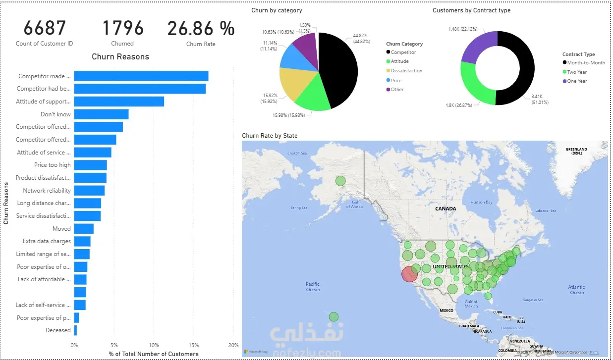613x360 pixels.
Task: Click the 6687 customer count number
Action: pyautogui.click(x=44, y=29)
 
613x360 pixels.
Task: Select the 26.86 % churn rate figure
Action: pyautogui.click(x=201, y=29)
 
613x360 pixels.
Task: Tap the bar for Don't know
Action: pyautogui.click(x=101, y=114)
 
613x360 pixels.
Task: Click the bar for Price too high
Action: pyautogui.click(x=90, y=165)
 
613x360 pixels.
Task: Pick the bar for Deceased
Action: pyautogui.click(x=75, y=330)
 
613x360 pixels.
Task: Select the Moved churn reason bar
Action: pyautogui.click(x=84, y=229)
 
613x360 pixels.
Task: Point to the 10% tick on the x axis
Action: pyautogui.click(x=154, y=345)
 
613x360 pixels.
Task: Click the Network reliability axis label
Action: pyautogui.click(x=47, y=191)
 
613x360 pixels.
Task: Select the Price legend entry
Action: pyautogui.click(x=396, y=80)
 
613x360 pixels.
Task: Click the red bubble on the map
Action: pyautogui.click(x=409, y=273)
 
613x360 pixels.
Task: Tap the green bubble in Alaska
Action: pyautogui.click(x=340, y=181)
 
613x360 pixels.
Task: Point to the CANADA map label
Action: pyautogui.click(x=446, y=209)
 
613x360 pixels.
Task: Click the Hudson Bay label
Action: pyautogui.click(x=481, y=202)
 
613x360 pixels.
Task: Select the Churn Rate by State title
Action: pyautogui.click(x=270, y=136)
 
